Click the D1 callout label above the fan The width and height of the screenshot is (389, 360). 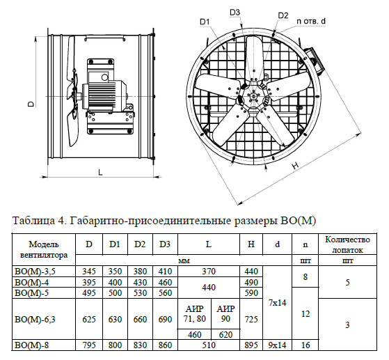(x=205, y=22)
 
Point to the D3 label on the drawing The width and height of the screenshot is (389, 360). (x=235, y=12)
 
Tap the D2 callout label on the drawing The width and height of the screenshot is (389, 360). (x=283, y=15)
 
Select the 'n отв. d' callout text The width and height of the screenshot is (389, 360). (x=311, y=22)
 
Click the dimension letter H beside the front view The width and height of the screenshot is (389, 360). (x=295, y=166)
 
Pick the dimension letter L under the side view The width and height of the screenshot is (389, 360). (x=100, y=172)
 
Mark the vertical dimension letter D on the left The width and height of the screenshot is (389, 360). (x=31, y=104)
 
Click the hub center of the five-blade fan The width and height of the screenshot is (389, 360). (x=253, y=96)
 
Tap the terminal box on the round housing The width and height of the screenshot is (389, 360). (x=315, y=61)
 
